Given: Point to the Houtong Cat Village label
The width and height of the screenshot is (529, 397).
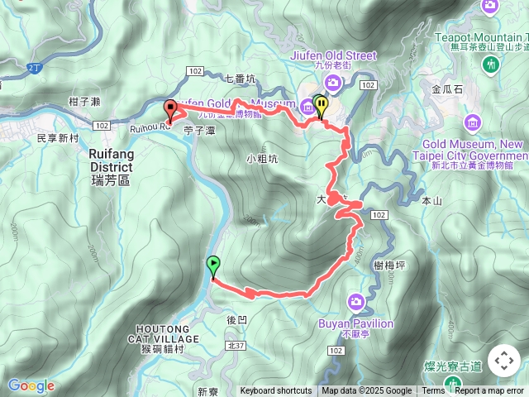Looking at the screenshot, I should pos(164,333).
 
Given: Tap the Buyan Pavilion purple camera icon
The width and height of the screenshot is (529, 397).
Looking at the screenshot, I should pos(356,302).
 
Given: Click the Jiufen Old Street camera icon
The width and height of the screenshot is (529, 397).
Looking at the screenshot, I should pos(332,81).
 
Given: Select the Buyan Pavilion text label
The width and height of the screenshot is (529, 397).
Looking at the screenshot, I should pos(356,323).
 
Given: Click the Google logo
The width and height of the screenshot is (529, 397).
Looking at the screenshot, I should pos(31,385).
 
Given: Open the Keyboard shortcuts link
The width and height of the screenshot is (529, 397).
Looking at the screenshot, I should pos(276,391).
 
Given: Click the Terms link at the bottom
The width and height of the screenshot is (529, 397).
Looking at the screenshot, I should pos(433,391).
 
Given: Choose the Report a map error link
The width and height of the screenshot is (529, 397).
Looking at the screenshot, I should pos(490,391).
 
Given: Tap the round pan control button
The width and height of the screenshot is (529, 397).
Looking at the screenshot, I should pos(503,361).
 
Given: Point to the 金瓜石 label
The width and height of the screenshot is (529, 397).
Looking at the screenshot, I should pos(448,88).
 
